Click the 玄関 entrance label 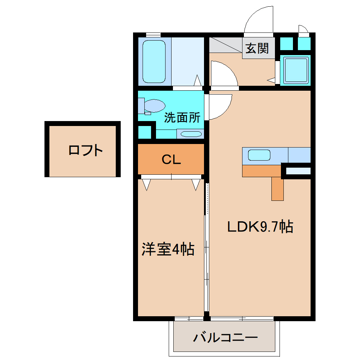click(x=257, y=48)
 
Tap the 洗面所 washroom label click(x=182, y=118)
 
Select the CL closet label click(x=171, y=160)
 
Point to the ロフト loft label click(x=85, y=151)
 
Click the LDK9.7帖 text click(x=260, y=227)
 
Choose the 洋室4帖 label click(x=168, y=250)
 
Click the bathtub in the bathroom click(x=154, y=61)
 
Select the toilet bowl click(x=154, y=106)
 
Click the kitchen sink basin click(x=259, y=155)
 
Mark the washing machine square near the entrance click(x=295, y=70)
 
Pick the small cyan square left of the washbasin click(x=144, y=132)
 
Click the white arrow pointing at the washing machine click(x=271, y=80)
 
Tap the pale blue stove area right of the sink click(x=299, y=155)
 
